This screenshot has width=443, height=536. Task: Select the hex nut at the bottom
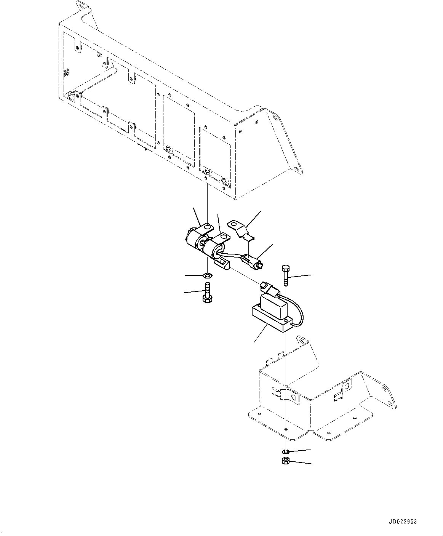pos(286,461)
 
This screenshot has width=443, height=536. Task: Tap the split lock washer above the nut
pos(286,451)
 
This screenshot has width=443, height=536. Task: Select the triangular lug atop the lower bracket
pos(303,341)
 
